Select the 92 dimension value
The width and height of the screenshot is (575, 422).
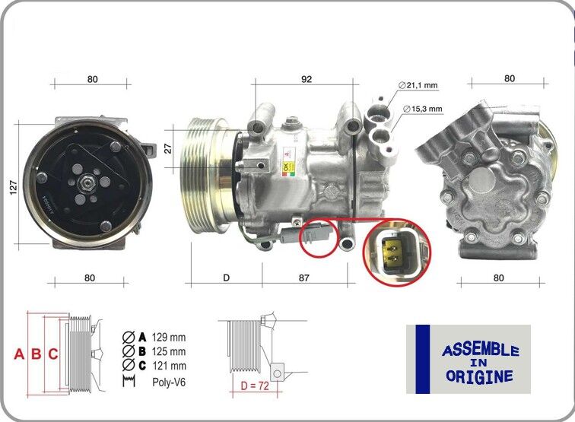click(x=306, y=78)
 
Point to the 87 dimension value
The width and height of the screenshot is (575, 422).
click(x=303, y=278)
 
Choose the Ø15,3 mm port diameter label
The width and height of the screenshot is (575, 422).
click(x=422, y=109)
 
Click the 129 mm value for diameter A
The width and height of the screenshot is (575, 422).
click(x=168, y=337)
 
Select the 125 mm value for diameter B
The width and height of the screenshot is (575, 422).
click(x=168, y=351)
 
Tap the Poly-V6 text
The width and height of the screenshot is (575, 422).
click(x=169, y=382)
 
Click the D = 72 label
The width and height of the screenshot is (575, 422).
click(x=254, y=386)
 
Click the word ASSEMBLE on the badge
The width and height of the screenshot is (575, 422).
click(x=479, y=351)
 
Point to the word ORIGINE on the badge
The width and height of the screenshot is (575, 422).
click(x=479, y=376)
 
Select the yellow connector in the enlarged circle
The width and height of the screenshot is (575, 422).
click(x=395, y=252)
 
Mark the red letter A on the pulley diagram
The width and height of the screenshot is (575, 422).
click(x=19, y=354)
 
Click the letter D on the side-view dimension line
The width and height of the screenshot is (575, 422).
click(x=226, y=278)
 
